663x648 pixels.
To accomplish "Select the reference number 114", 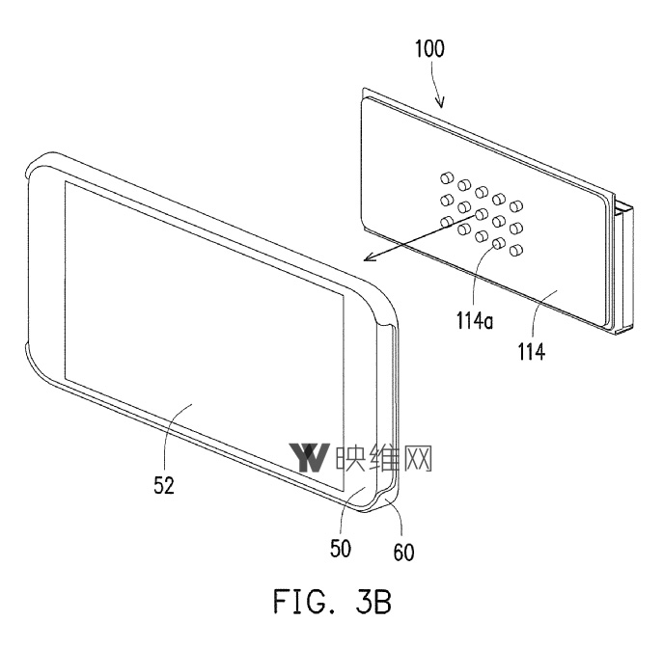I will coord(531,353).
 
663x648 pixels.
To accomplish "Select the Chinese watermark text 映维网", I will coord(384,458).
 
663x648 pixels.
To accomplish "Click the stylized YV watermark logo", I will coord(310,458).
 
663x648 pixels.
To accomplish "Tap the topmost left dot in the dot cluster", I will coord(446,177).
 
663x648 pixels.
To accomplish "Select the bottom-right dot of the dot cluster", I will coord(516,251).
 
